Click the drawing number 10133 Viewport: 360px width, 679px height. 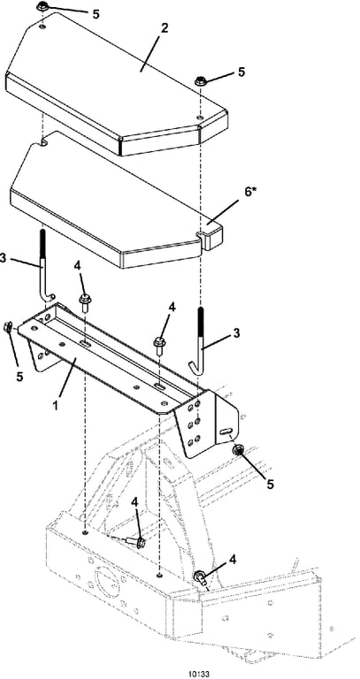click(x=199, y=674)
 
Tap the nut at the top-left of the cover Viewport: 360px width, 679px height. click(x=43, y=7)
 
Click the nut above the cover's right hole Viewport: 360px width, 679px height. click(x=201, y=80)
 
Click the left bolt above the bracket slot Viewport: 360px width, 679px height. click(x=84, y=301)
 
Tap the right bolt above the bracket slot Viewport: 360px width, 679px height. click(x=159, y=346)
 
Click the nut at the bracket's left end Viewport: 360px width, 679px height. click(x=8, y=328)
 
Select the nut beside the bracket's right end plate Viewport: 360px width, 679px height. click(x=237, y=451)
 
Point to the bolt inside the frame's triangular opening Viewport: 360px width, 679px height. click(x=136, y=542)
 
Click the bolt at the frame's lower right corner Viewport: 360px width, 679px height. click(x=201, y=577)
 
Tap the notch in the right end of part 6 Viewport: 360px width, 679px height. click(x=202, y=236)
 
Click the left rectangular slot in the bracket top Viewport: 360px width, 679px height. click(x=86, y=343)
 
